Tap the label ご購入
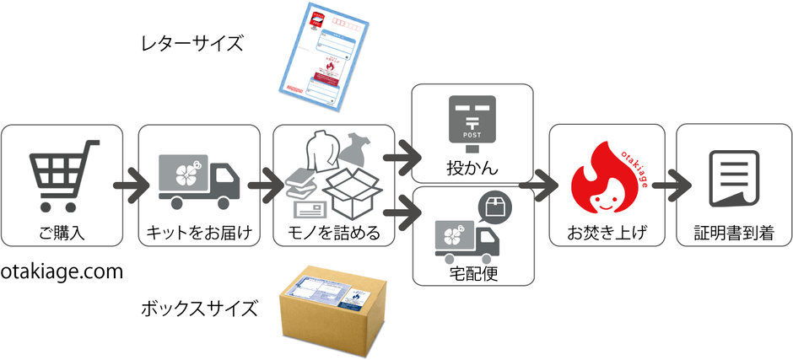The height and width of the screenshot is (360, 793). [62, 230]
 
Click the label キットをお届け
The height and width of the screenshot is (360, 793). [198, 230]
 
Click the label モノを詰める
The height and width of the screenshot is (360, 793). [333, 230]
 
